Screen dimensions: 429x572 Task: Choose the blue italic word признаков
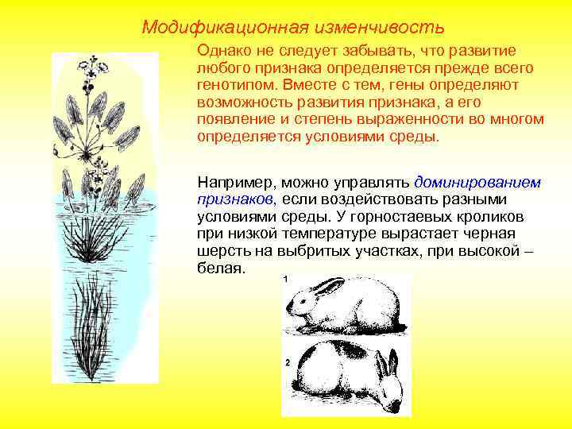pos(235,199)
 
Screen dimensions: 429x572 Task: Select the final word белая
pos(218,269)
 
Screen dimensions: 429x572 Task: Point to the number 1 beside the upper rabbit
pos(285,279)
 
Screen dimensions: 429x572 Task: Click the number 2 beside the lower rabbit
pos(285,362)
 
